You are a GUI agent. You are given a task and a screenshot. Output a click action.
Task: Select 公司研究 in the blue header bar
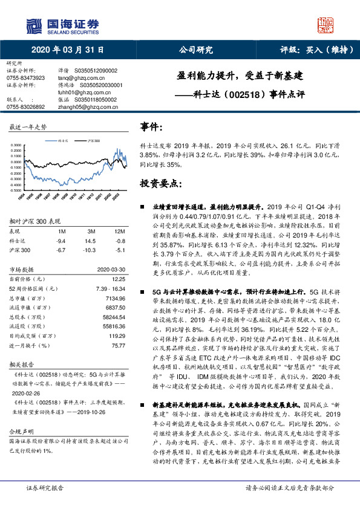[x=197, y=51]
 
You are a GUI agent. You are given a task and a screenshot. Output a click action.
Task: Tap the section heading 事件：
[x=152, y=128]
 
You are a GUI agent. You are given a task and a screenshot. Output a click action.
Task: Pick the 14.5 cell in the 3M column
[x=92, y=241]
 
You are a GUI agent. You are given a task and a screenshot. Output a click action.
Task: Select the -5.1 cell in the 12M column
[x=120, y=249]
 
